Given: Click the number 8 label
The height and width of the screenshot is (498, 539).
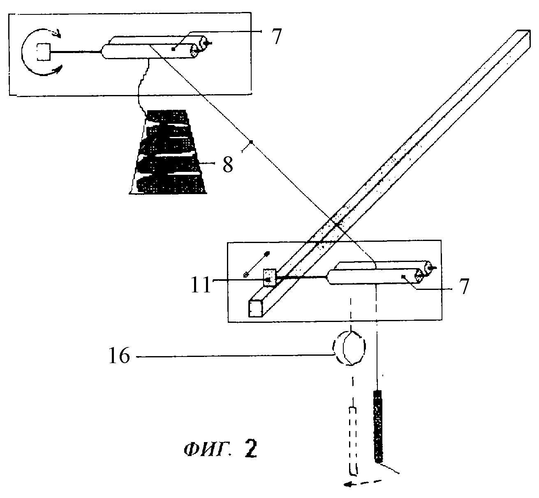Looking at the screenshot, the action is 228,165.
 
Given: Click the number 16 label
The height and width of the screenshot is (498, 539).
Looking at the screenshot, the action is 119,356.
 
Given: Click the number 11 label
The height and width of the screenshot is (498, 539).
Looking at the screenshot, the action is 201,285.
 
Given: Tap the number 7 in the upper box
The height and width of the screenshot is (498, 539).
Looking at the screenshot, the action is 276,36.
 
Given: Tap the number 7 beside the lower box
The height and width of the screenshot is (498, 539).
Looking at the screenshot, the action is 464,287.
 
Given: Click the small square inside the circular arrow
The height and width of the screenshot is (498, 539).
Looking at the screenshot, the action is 44,52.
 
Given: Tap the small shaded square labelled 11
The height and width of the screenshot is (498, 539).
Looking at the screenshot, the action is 270,277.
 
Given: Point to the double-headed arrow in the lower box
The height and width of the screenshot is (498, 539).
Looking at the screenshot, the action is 257,264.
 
